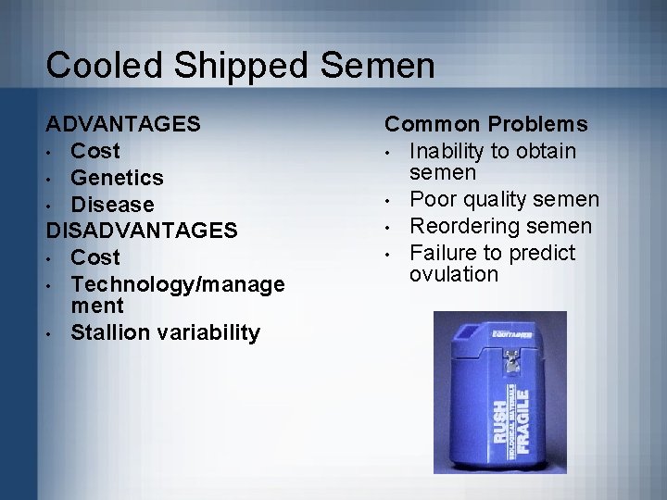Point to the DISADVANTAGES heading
(143, 229)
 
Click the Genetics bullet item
(118, 176)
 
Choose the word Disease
(112, 203)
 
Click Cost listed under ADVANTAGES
(95, 150)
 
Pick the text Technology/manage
(177, 283)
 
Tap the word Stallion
(110, 331)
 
